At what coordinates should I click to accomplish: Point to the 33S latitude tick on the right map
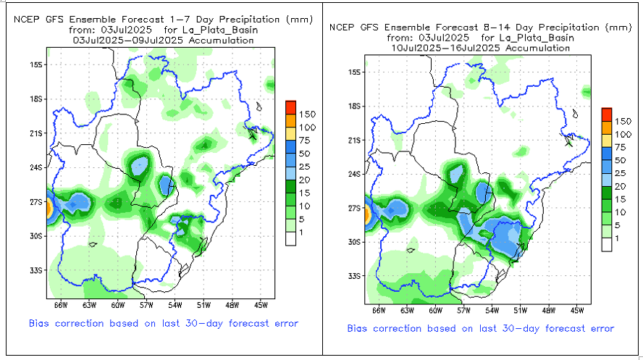pyautogui.click(x=355, y=276)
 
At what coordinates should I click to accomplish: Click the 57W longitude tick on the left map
pyautogui.click(x=148, y=304)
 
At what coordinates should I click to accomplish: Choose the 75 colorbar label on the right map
pyautogui.click(x=622, y=146)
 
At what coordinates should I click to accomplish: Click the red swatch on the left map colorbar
pyautogui.click(x=290, y=106)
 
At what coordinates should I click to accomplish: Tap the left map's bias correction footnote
pyautogui.click(x=163, y=323)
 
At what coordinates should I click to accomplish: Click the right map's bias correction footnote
pyautogui.click(x=481, y=329)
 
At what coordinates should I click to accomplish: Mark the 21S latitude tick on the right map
pyautogui.click(x=355, y=140)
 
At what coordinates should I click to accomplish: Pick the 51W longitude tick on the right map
pyautogui.click(x=519, y=310)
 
